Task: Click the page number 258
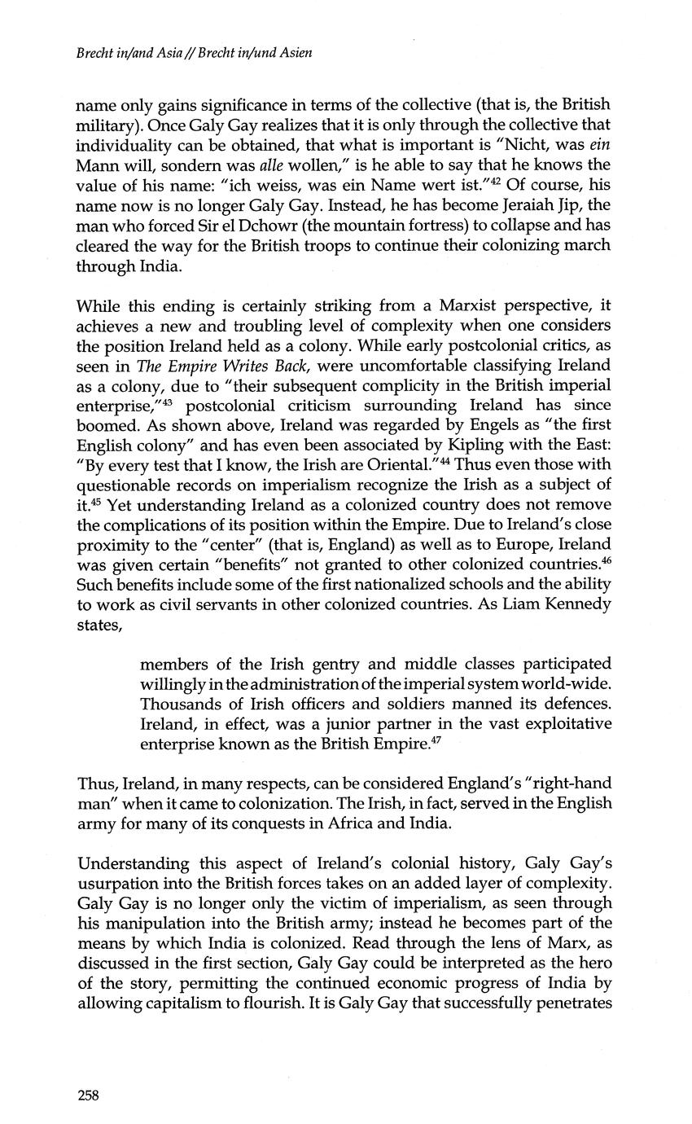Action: pos(88,1095)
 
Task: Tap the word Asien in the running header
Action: pos(294,55)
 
